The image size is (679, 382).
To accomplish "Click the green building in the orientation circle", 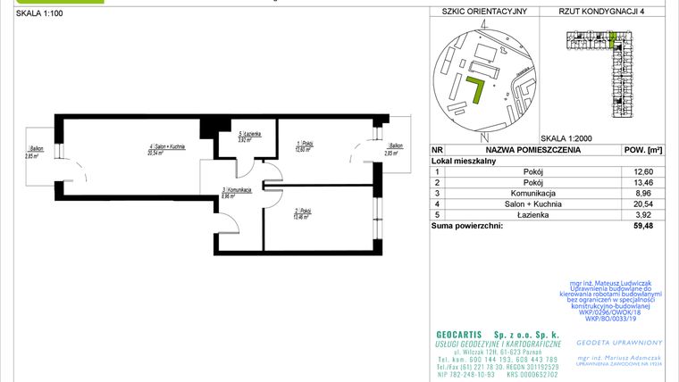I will pos(476,89).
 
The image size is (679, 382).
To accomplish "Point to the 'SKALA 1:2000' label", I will pos(567,138).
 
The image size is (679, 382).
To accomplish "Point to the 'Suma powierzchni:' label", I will pos(466,226).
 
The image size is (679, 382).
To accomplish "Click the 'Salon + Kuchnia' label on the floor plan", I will pos(167,145).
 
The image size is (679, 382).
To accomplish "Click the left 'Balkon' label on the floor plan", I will pos(37,148).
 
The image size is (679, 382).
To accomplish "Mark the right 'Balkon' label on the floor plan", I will pos(393,145).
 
